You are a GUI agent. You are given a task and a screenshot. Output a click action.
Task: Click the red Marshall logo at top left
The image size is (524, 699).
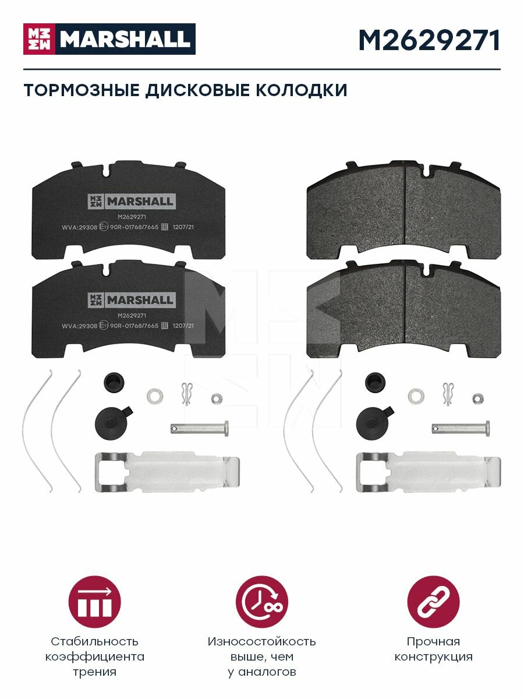coord(109,39)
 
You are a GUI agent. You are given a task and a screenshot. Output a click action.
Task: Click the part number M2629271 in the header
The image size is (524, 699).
coord(429,40)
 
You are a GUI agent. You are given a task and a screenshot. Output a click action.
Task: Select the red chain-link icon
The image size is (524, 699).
coord(433,602)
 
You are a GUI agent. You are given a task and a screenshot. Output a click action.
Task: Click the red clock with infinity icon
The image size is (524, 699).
coord(261,602)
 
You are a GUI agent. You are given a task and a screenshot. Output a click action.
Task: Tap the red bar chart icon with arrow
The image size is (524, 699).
coord(94,602)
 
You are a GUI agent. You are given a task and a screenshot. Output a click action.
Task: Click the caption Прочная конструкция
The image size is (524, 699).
coord(433,649)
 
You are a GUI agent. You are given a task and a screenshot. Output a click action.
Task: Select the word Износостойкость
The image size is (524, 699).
coord(261,641)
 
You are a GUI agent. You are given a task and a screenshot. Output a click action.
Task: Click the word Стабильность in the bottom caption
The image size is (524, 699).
coord(94,641)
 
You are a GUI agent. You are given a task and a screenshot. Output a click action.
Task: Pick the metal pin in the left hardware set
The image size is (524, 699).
coord(199,429)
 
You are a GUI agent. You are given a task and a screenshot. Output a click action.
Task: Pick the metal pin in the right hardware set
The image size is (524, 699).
coord(460,429)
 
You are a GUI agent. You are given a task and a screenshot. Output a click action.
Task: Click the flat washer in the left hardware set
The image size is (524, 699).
coord(155,396)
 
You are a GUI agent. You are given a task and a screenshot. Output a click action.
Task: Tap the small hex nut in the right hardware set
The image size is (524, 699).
coord(479,398)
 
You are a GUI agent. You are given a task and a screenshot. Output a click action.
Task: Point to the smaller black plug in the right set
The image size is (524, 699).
coord(373,382)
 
